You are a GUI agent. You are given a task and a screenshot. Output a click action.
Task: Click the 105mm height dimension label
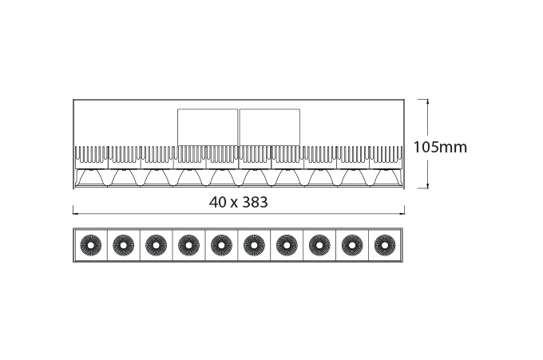tap(440, 147)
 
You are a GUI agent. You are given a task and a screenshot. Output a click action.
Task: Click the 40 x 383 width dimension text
tap(238, 202)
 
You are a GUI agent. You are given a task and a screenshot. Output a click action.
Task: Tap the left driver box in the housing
tap(208, 128)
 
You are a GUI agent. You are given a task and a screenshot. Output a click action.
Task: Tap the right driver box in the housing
tap(269, 128)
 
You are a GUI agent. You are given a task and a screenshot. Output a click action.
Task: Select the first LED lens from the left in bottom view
tap(91, 245)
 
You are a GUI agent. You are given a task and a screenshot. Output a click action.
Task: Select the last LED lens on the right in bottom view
tap(385, 245)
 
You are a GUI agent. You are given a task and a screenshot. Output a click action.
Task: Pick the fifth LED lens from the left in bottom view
tap(221, 245)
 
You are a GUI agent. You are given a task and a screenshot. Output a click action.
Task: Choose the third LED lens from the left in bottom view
tap(157, 245)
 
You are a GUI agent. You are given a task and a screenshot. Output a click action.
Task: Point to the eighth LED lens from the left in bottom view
tap(319, 245)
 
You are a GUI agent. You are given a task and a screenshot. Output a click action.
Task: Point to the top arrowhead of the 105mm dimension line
tap(428, 101)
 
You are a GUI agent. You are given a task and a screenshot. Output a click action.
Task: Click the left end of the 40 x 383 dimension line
tap(73, 214)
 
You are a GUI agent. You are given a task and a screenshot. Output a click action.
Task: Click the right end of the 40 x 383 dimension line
tap(405, 214)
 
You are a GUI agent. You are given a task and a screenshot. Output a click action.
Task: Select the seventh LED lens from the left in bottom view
tap(287, 245)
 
